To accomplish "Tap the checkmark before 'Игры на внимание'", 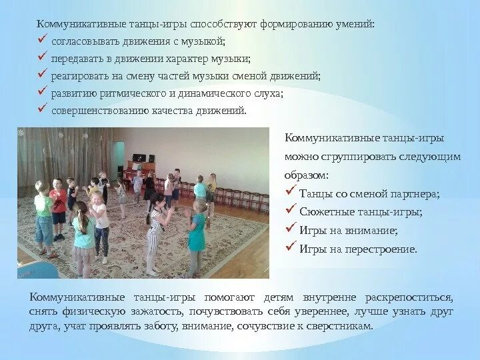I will coord(290,229).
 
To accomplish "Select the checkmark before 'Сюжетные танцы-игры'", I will coord(290,211).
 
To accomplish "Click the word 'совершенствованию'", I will coord(89,111).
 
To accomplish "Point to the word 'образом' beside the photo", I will coord(305,175).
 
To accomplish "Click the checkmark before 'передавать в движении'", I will coord(42,59).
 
